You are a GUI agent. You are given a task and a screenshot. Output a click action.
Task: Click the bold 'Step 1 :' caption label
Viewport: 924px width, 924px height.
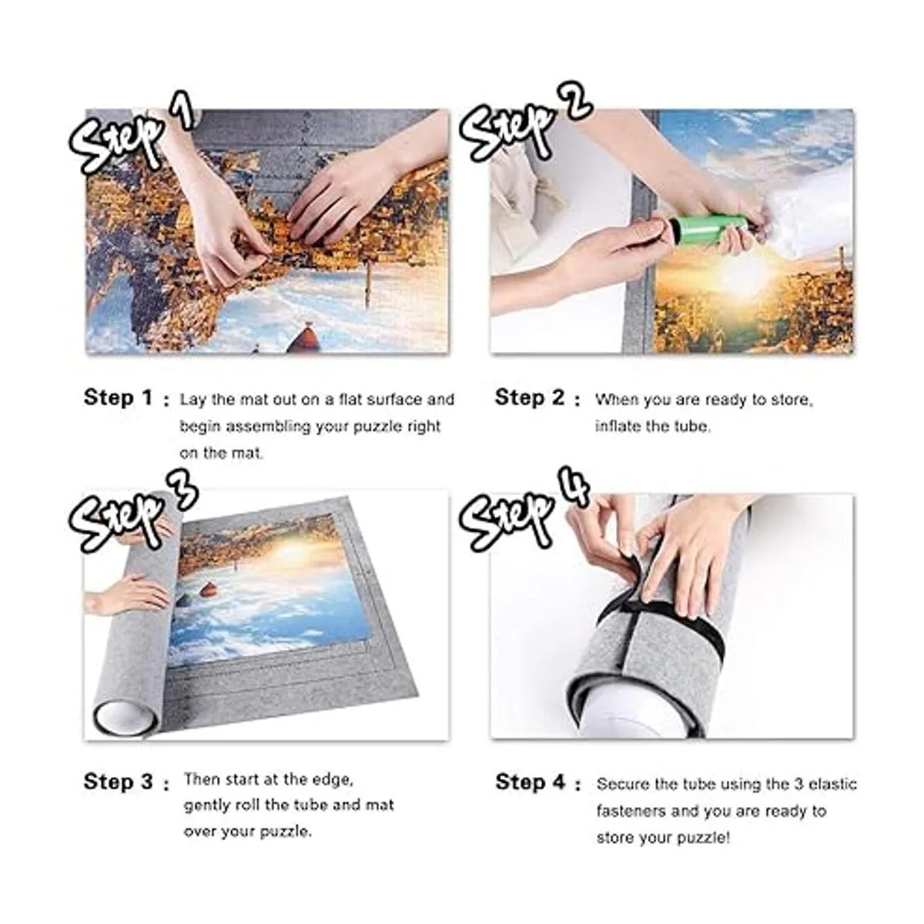click(x=126, y=398)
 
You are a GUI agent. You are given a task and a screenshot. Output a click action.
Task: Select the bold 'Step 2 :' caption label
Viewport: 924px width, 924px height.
click(x=537, y=398)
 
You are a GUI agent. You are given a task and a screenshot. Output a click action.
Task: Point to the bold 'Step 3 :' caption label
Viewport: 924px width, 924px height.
click(x=126, y=782)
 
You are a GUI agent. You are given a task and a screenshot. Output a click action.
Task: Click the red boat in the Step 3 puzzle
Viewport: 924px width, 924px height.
click(x=208, y=589)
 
